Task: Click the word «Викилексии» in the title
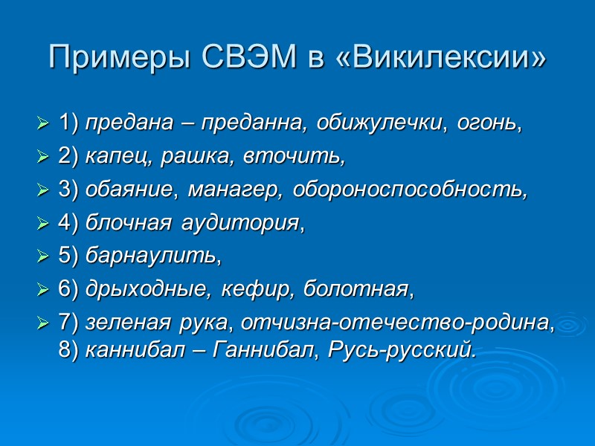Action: coord(443,58)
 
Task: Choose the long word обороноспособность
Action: coord(410,190)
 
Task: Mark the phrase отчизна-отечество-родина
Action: coord(395,324)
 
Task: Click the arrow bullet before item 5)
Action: coord(42,257)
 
